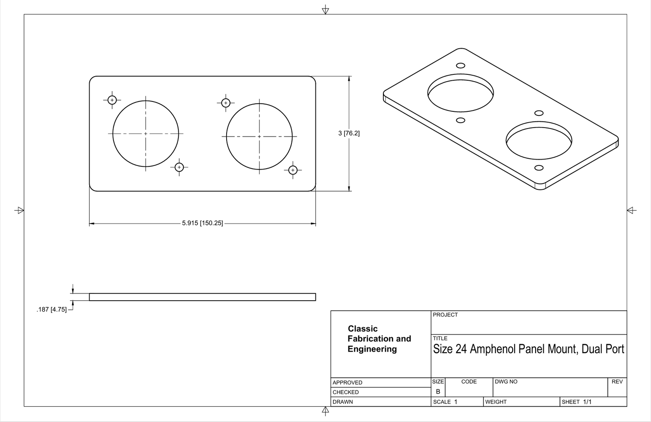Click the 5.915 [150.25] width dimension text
(x=202, y=223)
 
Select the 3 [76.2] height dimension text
(x=349, y=133)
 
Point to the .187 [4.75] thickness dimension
(x=51, y=309)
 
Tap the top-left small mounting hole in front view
(x=112, y=100)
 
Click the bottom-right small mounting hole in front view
(x=293, y=170)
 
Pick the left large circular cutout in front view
(x=146, y=134)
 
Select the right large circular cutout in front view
(x=259, y=136)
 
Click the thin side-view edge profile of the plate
(x=202, y=297)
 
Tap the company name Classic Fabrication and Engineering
(x=379, y=339)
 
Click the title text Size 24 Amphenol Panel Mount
(x=528, y=349)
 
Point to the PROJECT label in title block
(x=445, y=315)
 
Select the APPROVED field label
(x=347, y=382)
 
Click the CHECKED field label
(x=346, y=392)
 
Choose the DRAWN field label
(x=343, y=402)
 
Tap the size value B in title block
(x=438, y=392)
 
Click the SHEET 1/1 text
(x=577, y=402)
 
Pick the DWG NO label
(x=506, y=381)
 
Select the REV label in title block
(x=617, y=381)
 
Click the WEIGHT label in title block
(x=496, y=402)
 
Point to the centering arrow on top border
(x=325, y=10)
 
